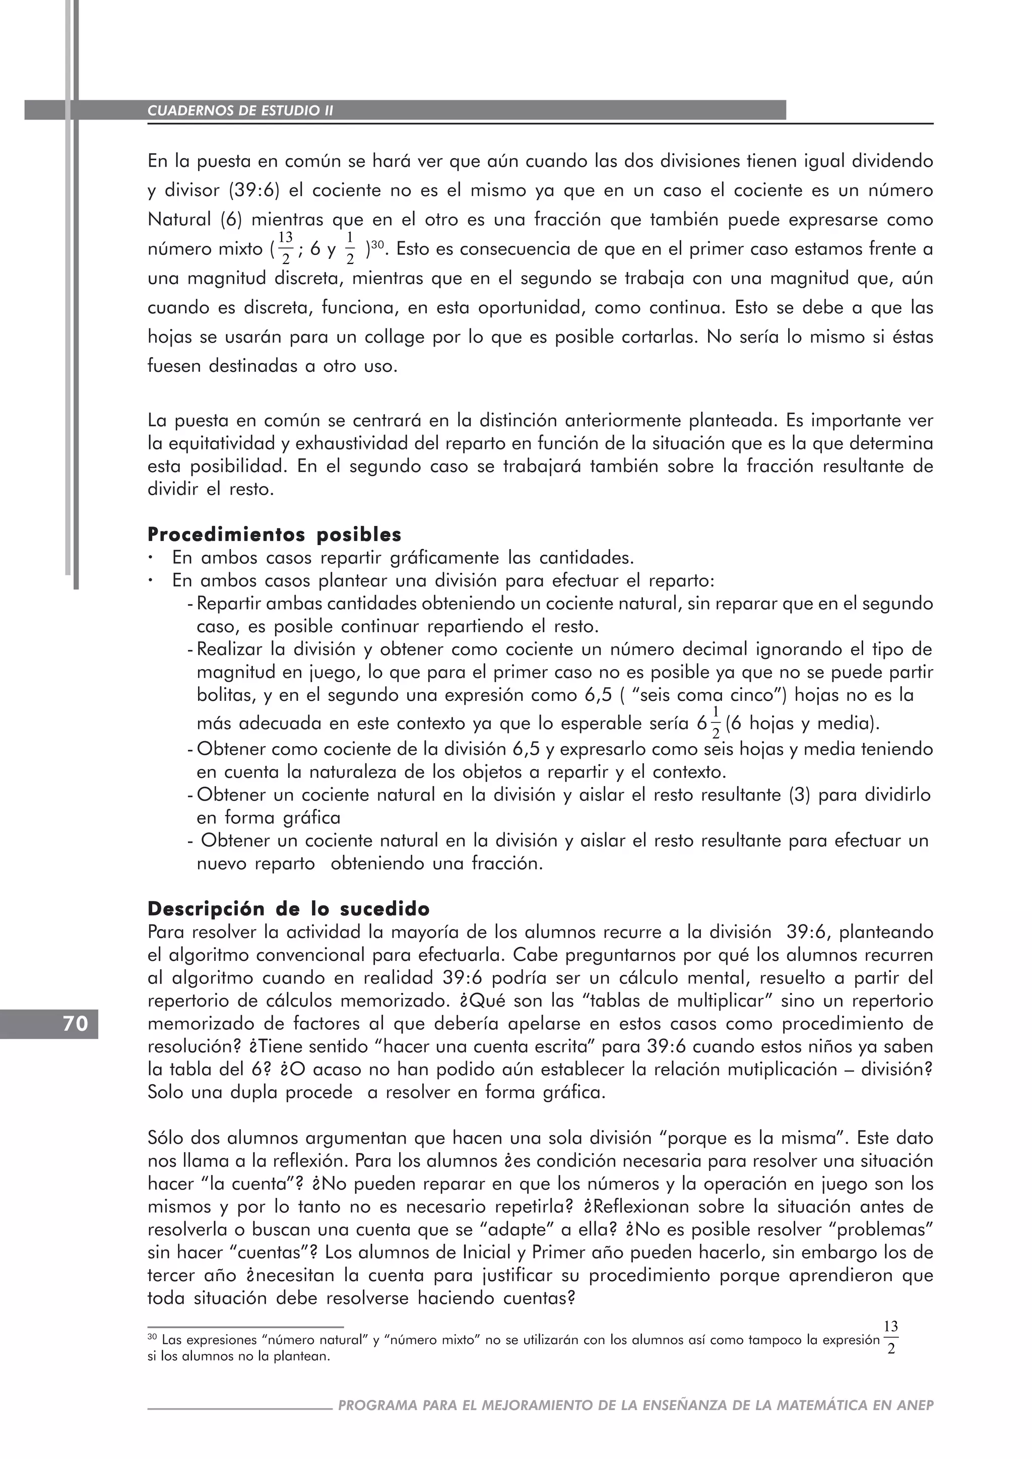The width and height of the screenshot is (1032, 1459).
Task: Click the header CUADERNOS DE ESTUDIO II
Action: pyautogui.click(x=240, y=110)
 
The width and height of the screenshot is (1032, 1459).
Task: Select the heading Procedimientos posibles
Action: pyautogui.click(x=274, y=535)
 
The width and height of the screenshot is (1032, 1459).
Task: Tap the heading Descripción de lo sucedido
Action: pyautogui.click(x=289, y=909)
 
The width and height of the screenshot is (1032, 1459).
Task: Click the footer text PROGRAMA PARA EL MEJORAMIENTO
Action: pyautogui.click(x=635, y=1406)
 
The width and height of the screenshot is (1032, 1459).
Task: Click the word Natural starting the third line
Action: pyautogui.click(x=180, y=220)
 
